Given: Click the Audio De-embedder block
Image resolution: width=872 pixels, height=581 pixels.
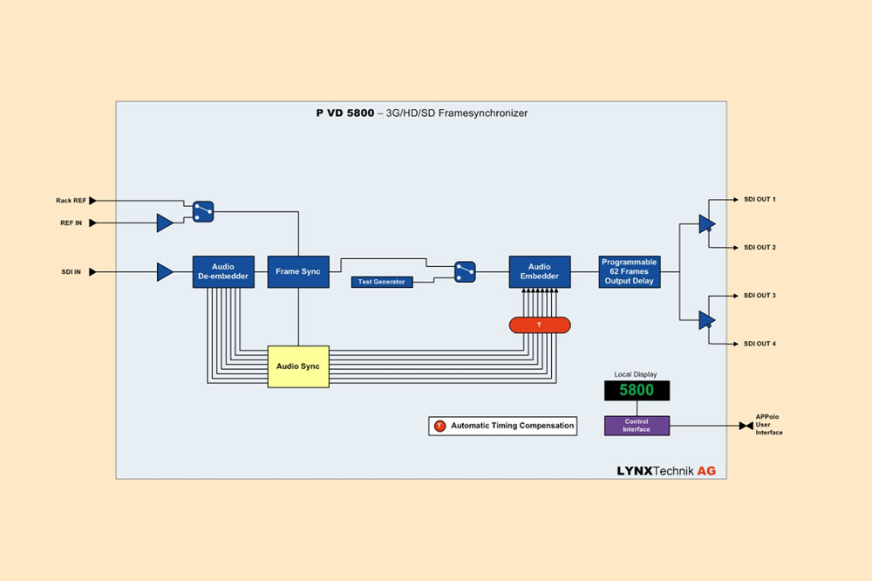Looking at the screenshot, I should (x=223, y=272).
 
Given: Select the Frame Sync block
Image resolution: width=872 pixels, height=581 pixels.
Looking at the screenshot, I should (x=298, y=272).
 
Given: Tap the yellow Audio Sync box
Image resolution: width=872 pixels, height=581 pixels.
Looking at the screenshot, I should (x=298, y=366).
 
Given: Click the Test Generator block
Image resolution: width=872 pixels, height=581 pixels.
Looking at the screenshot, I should (x=382, y=282).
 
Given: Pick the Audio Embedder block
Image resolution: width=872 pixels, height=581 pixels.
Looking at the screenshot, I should (x=540, y=272).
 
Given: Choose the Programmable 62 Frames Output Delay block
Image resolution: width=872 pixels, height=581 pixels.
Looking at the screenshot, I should (x=629, y=272).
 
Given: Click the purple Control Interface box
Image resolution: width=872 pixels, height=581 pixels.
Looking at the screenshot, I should (x=637, y=426).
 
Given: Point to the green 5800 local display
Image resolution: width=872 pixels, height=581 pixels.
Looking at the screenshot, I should (x=637, y=391).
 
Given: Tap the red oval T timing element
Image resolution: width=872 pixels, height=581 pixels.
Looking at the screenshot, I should (x=539, y=325).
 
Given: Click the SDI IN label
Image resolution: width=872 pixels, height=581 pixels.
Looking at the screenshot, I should (x=72, y=272).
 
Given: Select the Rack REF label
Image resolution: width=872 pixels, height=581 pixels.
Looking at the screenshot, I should (x=70, y=200).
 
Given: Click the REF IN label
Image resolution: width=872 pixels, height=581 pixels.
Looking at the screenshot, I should (x=72, y=223).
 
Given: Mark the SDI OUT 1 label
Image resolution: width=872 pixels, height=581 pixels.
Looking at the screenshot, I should (x=760, y=200).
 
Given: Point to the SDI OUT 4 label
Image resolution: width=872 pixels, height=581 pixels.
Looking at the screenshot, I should (x=760, y=344).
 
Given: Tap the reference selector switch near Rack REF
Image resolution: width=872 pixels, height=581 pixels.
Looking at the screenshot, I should (x=203, y=210).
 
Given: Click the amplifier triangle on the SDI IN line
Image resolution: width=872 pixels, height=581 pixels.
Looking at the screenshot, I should (x=164, y=272).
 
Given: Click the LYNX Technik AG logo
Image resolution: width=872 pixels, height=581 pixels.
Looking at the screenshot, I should (x=666, y=470).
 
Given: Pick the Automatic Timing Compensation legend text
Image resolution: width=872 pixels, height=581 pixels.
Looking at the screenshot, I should (x=512, y=426).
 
